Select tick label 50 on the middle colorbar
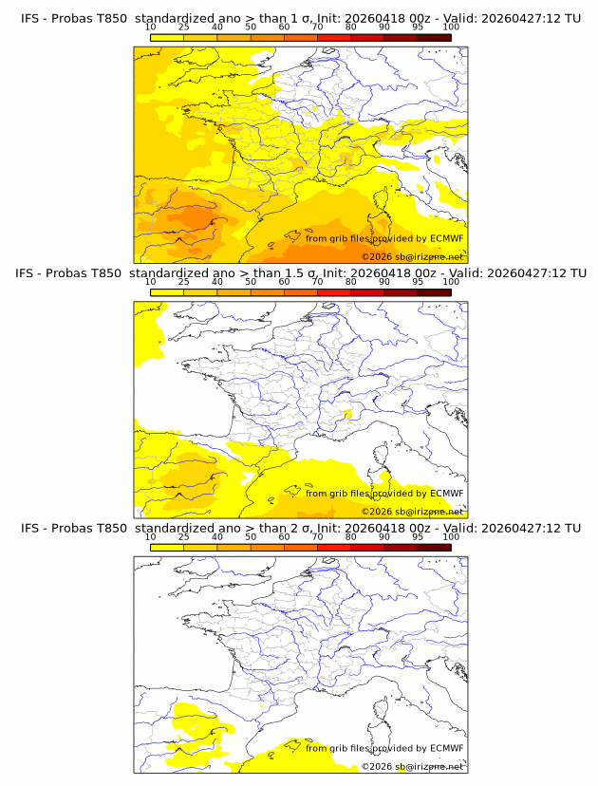(x=251, y=282)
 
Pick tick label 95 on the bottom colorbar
(x=418, y=537)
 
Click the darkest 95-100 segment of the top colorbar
(x=434, y=37)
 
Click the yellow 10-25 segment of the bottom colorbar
(x=167, y=548)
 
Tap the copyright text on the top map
(x=412, y=256)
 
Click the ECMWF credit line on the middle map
(x=384, y=493)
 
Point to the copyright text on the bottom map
(x=412, y=766)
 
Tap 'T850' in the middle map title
(x=105, y=272)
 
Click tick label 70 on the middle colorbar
(x=318, y=282)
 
